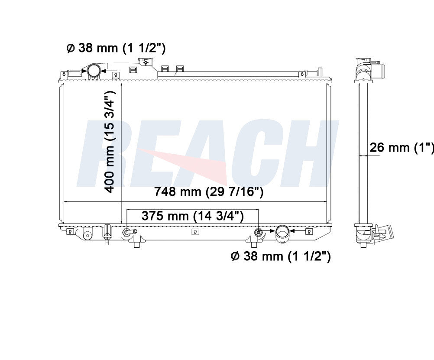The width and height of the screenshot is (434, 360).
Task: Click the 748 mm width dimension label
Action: pyautogui.click(x=209, y=191)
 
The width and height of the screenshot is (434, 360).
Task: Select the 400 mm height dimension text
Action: pyautogui.click(x=110, y=142)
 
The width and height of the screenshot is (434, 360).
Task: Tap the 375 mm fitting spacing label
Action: pyautogui.click(x=193, y=216)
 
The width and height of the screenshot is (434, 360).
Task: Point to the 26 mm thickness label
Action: pyautogui.click(x=402, y=147)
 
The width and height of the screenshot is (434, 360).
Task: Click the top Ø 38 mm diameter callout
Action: pyautogui.click(x=116, y=49)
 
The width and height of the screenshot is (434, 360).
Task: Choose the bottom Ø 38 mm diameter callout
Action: pyautogui.click(x=281, y=256)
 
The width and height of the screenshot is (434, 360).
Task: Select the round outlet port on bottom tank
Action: pyautogui.click(x=282, y=232)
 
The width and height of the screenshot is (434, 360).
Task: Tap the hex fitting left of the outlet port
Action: pyautogui.click(x=258, y=232)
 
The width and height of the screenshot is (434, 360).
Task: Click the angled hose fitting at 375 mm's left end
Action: pyautogui.click(x=129, y=232)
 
